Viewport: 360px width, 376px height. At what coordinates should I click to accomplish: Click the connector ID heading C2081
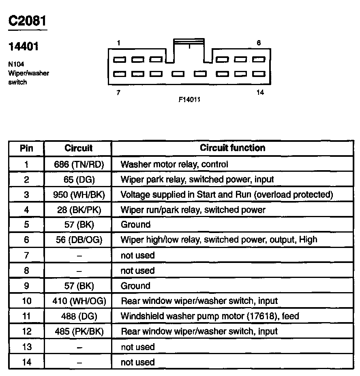pos(28,21)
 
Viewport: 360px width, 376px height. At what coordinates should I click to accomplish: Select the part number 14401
pos(24,47)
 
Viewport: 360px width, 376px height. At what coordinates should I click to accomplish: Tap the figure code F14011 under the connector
pos(189,99)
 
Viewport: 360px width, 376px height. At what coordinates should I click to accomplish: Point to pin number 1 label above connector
pos(118,43)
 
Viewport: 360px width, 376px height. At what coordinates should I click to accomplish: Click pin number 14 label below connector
pos(260,92)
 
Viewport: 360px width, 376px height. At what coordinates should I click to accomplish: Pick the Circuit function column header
pos(232,148)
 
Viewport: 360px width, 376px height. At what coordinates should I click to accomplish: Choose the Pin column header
pos(26,148)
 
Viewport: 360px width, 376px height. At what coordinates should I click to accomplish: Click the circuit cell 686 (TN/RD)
pos(79,164)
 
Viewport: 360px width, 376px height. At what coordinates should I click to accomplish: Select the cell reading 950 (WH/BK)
pos(79,194)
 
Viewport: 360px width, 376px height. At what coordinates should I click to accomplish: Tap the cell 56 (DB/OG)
pos(79,240)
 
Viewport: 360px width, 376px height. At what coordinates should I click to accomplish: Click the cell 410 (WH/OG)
pos(79,301)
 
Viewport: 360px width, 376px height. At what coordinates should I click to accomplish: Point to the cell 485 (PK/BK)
pos(79,331)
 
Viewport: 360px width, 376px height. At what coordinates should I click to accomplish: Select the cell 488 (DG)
pos(79,316)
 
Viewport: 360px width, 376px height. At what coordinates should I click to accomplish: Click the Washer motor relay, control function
pos(174,164)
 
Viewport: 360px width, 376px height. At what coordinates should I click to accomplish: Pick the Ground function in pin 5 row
pos(135,224)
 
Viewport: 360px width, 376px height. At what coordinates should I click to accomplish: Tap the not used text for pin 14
pos(137,362)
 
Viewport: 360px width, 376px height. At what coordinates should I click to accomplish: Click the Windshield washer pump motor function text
pos(210,316)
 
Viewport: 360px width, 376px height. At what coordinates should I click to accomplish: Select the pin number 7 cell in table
pos(26,255)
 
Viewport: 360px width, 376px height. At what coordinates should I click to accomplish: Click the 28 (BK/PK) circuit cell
pos(79,209)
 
